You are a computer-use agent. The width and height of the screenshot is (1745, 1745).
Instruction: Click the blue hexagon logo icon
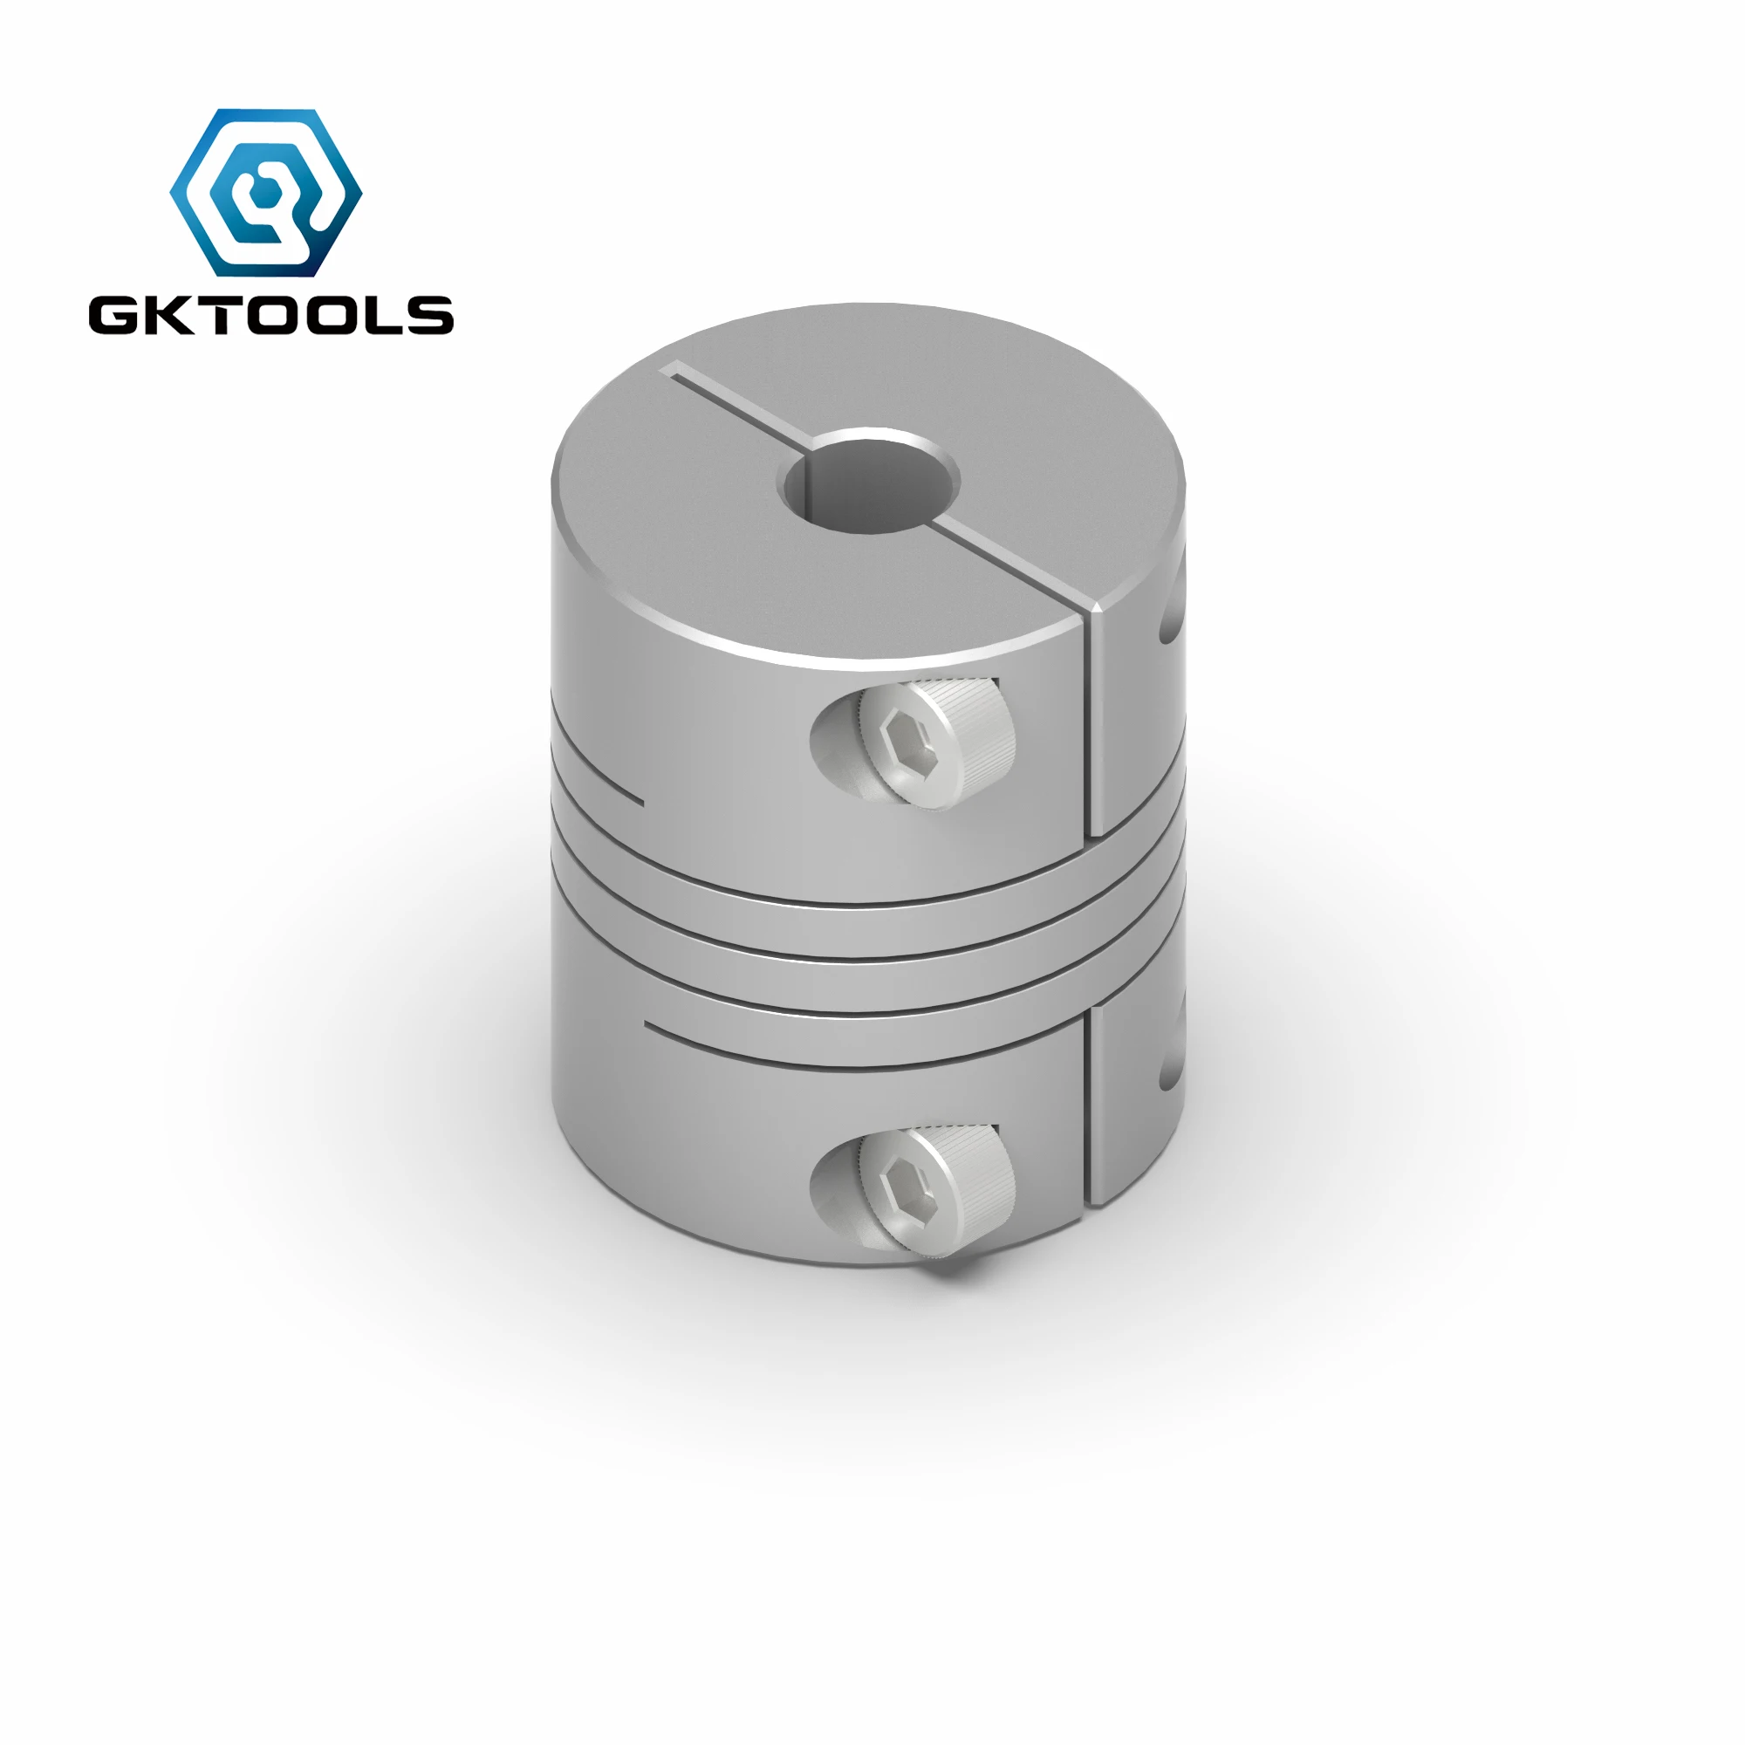(265, 192)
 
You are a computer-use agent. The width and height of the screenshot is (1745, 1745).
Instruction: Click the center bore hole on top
(868, 480)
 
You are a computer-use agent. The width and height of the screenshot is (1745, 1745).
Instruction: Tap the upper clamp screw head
(936, 742)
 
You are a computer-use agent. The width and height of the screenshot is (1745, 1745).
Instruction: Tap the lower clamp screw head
(936, 1190)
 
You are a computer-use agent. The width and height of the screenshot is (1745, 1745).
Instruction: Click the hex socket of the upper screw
(903, 738)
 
